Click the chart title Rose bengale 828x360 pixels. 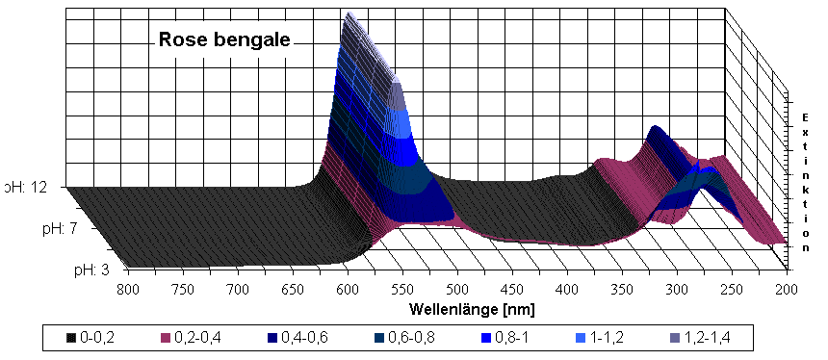click(x=224, y=40)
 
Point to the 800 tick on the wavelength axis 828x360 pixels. click(x=127, y=288)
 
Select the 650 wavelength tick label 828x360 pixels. click(x=294, y=288)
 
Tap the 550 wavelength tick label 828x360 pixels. click(x=403, y=288)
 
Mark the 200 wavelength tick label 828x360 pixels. click(x=787, y=288)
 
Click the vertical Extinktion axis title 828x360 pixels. click(x=804, y=178)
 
